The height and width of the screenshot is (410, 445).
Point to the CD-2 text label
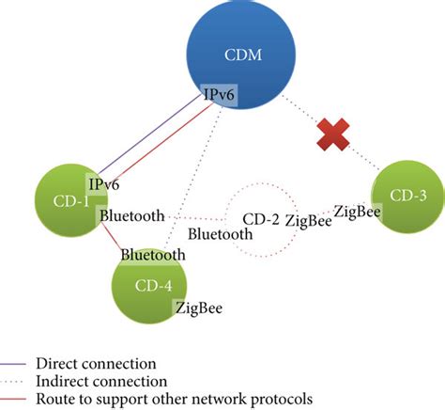pyautogui.click(x=261, y=220)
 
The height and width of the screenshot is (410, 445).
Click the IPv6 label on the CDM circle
pyautogui.click(x=219, y=95)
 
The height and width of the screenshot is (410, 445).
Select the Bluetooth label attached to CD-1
pyautogui.click(x=130, y=216)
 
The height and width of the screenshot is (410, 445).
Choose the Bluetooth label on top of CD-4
pyautogui.click(x=152, y=254)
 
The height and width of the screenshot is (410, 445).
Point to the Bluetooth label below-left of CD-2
pyautogui.click(x=221, y=234)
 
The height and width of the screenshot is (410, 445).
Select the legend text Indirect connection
pyautogui.click(x=101, y=381)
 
